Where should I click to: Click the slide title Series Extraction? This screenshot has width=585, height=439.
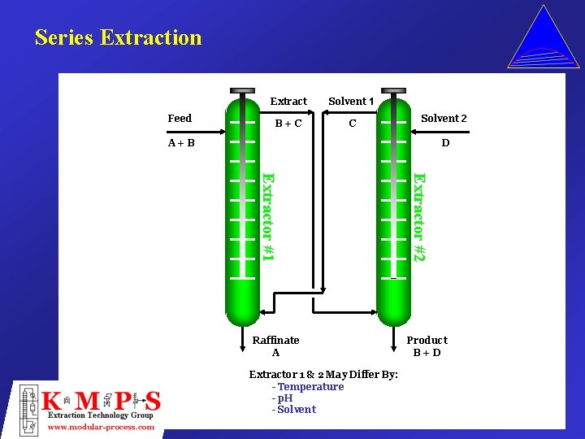(x=118, y=37)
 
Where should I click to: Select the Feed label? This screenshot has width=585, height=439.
(x=180, y=119)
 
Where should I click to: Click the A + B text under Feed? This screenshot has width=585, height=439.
(x=181, y=143)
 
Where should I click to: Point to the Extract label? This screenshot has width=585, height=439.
(x=288, y=102)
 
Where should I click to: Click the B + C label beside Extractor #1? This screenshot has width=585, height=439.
(x=288, y=124)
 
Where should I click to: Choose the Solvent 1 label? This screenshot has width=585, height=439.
(x=351, y=102)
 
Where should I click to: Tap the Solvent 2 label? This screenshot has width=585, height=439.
(x=444, y=119)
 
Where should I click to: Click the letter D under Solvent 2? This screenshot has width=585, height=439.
(x=445, y=143)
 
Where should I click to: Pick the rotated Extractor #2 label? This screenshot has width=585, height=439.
(x=418, y=216)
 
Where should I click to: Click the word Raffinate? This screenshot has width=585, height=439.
(x=276, y=340)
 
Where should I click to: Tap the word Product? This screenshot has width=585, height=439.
(x=427, y=340)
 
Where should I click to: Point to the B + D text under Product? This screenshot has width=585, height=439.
(x=427, y=353)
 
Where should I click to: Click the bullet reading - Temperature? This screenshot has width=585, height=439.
(x=308, y=387)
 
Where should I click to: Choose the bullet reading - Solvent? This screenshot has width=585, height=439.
(x=294, y=410)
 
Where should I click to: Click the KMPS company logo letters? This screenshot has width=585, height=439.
(x=102, y=401)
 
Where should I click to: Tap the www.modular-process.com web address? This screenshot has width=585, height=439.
(x=102, y=428)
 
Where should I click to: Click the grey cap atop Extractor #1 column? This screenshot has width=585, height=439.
(x=242, y=90)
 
